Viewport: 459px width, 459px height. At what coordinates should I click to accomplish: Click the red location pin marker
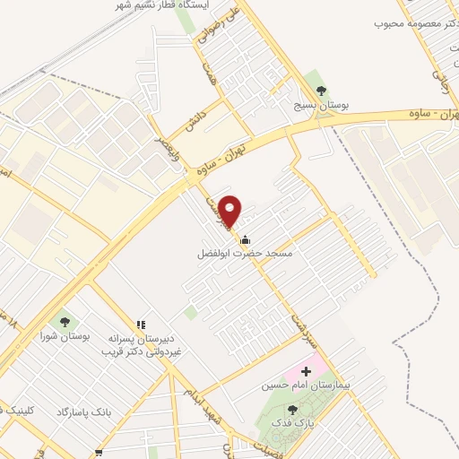(230, 210)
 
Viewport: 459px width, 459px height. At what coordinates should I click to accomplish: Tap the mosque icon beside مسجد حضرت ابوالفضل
(246, 238)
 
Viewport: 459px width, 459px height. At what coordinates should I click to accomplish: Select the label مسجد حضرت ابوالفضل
(246, 253)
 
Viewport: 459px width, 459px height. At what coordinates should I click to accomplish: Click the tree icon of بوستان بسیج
(322, 91)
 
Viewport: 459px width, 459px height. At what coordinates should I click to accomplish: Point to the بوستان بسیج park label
(323, 105)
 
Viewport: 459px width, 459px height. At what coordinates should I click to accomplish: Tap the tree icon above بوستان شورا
(65, 321)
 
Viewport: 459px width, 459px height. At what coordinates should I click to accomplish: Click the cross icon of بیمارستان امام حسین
(307, 370)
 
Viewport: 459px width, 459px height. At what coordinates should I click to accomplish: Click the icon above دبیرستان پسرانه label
(140, 325)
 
